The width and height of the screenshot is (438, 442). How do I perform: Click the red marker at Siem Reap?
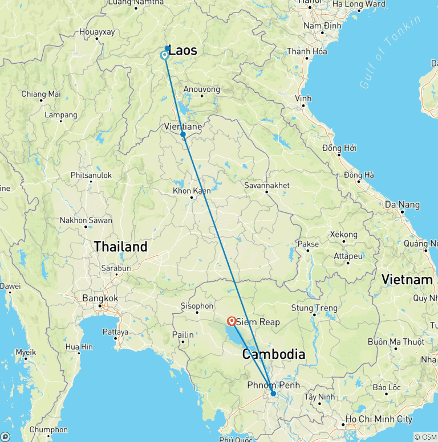point(232,321)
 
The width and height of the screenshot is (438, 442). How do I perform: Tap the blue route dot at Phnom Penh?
point(273,394)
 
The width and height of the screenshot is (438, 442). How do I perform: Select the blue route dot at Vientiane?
point(183,134)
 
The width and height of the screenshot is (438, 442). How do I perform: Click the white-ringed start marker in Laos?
point(164,55)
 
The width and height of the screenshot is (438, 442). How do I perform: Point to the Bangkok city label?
point(100,298)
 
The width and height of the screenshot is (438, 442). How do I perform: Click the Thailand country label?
point(120,247)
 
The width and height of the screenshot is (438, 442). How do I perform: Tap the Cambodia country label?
point(273,354)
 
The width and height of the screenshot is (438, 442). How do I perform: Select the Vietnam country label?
point(407,280)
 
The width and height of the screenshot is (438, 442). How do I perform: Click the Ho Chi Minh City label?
point(380,419)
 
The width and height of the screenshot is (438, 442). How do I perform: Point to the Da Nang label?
point(402,204)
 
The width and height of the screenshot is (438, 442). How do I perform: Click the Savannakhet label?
point(266,185)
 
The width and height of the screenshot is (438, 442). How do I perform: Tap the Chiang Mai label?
point(40,94)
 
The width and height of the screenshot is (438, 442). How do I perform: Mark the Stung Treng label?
point(310,308)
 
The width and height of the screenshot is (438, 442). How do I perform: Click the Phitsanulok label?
point(91,175)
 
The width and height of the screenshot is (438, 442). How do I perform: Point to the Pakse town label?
point(308,244)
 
